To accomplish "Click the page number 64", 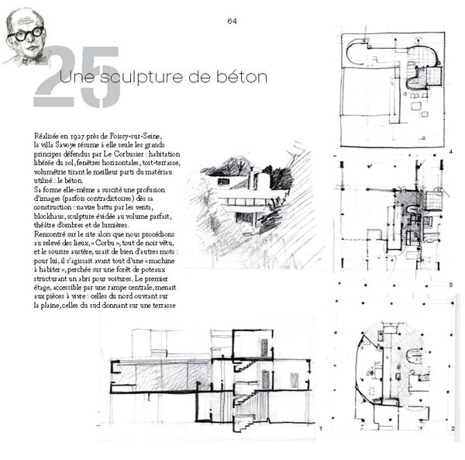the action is (x=232, y=21).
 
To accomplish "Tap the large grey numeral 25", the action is (x=77, y=77).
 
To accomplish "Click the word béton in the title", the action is (x=241, y=77).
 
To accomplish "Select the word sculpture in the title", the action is (x=142, y=78).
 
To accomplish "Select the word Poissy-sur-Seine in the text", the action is (x=136, y=137).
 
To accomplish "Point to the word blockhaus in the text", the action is (x=44, y=216).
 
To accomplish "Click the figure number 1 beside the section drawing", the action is (x=321, y=428).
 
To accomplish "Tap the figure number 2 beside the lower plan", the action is (x=453, y=428).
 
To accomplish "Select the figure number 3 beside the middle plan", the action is (x=451, y=285).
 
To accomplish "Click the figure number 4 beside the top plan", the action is (x=451, y=152).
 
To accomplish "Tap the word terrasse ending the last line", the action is (x=164, y=306).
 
